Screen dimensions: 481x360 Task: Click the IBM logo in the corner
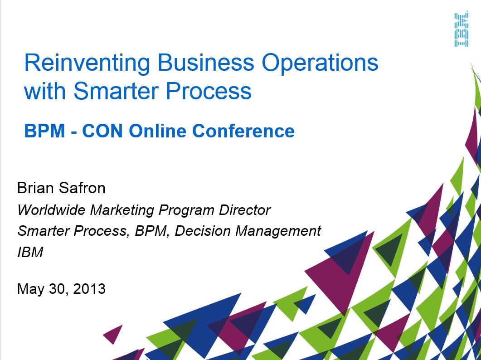pyautogui.click(x=462, y=30)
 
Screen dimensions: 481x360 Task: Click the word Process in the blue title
pyautogui.click(x=209, y=91)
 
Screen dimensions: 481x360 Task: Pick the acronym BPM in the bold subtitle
pyautogui.click(x=44, y=131)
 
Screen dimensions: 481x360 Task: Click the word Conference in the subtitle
pyautogui.click(x=243, y=131)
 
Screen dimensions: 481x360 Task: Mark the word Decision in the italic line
pyautogui.click(x=203, y=231)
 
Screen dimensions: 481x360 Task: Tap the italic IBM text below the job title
pyautogui.click(x=30, y=252)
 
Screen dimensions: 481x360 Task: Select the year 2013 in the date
pyautogui.click(x=89, y=289)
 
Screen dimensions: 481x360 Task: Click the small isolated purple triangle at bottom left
pyautogui.click(x=113, y=334)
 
